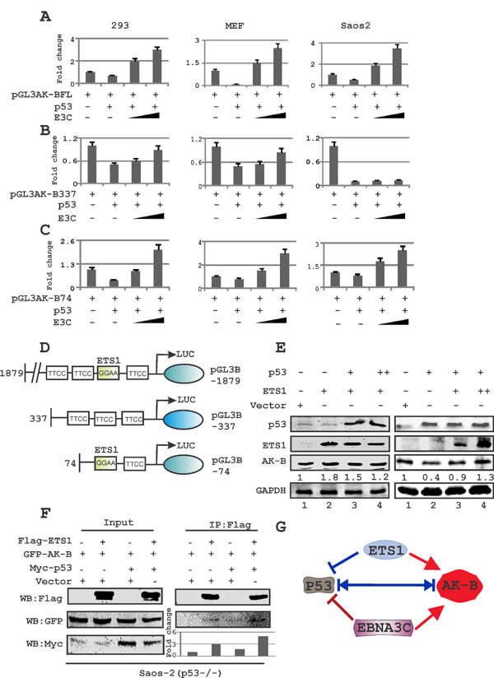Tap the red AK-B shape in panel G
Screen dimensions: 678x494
coord(445,589)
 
